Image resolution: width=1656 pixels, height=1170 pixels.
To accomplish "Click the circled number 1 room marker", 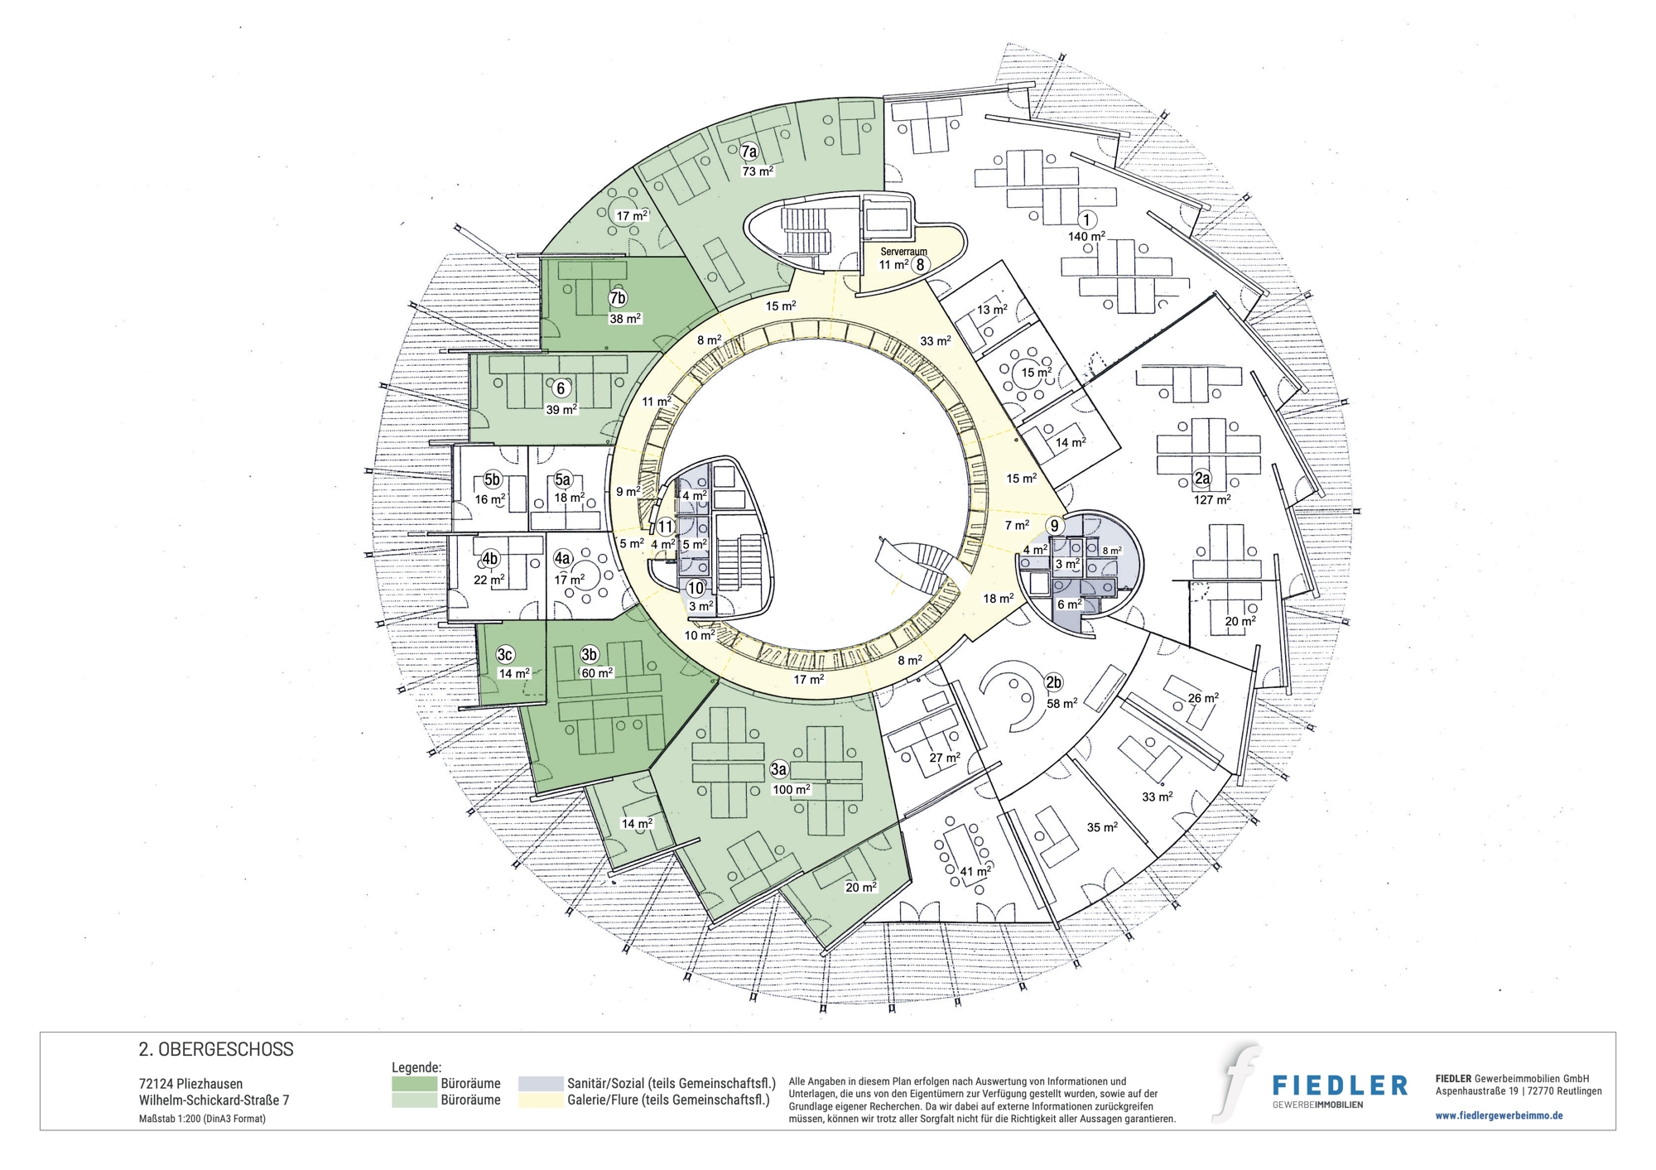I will click(x=1086, y=219).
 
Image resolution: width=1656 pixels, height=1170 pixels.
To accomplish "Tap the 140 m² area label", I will click(x=1086, y=237).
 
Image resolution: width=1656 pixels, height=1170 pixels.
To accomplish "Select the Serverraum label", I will click(x=903, y=252).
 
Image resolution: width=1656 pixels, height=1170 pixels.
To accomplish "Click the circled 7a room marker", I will click(x=749, y=152).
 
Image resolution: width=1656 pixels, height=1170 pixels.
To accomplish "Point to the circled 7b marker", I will click(x=617, y=299).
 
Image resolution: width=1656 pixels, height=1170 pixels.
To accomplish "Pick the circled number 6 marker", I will click(x=561, y=388).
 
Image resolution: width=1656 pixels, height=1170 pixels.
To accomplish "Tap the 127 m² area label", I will click(x=1211, y=499).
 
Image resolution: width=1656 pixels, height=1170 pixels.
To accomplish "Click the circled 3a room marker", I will click(x=778, y=769).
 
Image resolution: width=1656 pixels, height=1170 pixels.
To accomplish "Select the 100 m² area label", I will click(x=792, y=790).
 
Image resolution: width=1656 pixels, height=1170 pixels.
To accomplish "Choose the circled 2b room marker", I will click(x=1053, y=683).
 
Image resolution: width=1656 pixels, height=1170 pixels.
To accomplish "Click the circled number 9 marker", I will click(x=1054, y=526).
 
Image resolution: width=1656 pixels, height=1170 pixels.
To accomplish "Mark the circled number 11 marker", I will click(x=666, y=527).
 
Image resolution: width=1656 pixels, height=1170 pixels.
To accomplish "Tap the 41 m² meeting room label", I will click(x=975, y=871).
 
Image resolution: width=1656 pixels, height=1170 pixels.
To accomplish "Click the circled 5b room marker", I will click(x=492, y=480).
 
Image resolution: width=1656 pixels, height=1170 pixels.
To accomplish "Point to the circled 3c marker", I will click(x=505, y=655).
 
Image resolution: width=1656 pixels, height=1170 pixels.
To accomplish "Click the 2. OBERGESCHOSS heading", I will click(x=216, y=1050).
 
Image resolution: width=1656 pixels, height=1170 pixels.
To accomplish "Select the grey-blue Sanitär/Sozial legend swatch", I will click(x=541, y=1084).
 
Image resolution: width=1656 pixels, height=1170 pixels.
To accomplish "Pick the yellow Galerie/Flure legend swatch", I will click(x=541, y=1100).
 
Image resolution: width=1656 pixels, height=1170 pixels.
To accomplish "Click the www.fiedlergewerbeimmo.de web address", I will click(x=1499, y=1115).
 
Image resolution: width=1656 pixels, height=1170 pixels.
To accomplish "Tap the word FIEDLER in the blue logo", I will click(x=1340, y=1086).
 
